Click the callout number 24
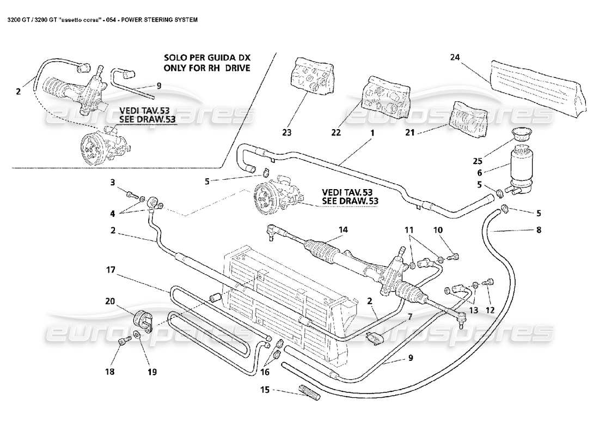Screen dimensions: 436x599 455,56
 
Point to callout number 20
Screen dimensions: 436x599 111,300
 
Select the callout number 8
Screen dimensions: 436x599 539,230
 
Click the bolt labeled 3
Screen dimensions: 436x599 130,194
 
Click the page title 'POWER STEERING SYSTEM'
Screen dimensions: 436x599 160,19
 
